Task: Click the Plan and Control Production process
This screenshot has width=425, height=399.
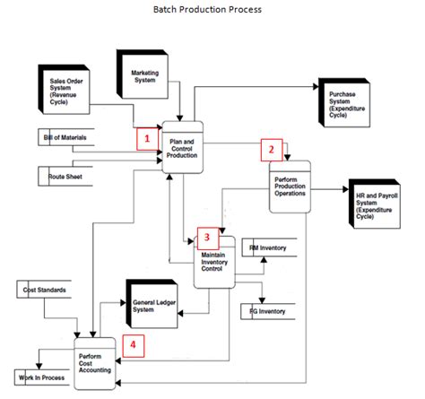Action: [183, 146]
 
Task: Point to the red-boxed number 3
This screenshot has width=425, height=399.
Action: [207, 237]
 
